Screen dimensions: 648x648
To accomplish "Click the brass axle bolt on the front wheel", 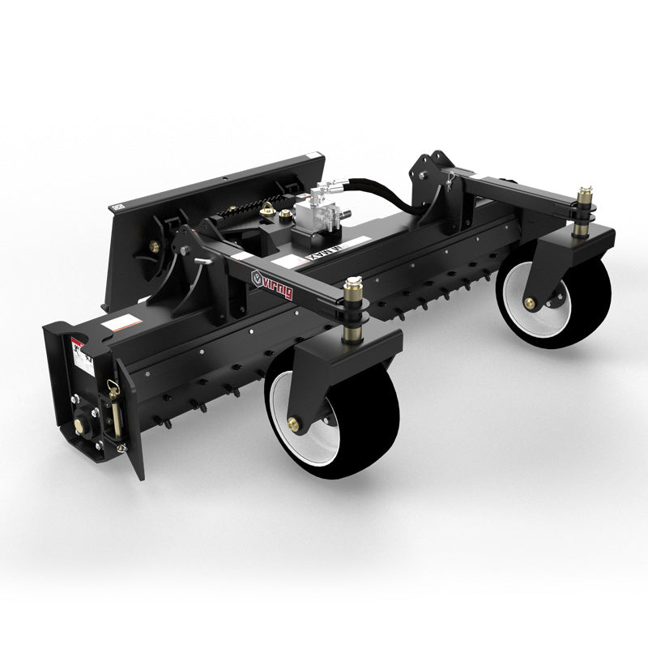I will [x=294, y=423].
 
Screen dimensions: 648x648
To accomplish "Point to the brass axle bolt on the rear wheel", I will [x=531, y=303].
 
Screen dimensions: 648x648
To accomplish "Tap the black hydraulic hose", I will [x=389, y=194].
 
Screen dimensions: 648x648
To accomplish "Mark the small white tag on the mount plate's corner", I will [x=119, y=207].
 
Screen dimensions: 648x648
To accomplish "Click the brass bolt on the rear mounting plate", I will [x=152, y=246].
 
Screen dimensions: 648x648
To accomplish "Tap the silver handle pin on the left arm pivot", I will [x=202, y=260].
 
